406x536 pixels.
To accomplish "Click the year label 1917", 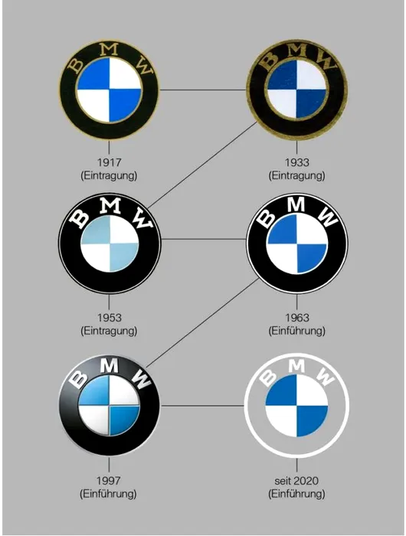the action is [109, 162].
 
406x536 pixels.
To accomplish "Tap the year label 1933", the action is [296, 162].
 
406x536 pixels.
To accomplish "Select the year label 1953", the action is [109, 318].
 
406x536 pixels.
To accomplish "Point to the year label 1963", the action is [296, 318].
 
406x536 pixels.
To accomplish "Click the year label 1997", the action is [109, 481].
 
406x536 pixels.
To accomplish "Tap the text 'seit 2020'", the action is [296, 481].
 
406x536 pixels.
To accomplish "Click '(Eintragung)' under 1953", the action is [109, 331].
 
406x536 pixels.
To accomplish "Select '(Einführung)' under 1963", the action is [296, 331].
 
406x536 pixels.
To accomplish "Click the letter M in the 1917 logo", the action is [110, 51].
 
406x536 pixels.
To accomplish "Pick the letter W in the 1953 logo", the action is [144, 218].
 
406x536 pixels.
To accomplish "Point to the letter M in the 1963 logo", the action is [296, 205].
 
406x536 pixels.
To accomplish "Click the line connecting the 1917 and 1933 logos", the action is [203, 90].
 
